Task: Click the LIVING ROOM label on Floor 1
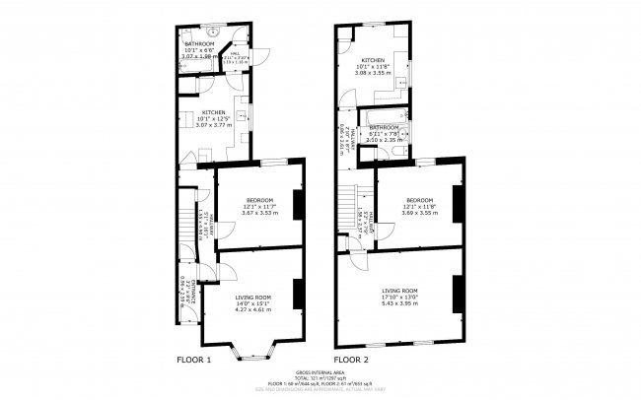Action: coord(254,297)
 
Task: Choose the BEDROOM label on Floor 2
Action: coord(419,200)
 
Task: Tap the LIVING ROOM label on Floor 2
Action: coord(400,290)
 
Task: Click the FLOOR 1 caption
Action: coord(193,360)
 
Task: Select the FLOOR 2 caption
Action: coord(351,360)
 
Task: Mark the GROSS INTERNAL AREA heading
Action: coord(320,372)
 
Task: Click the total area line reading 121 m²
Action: coord(320,377)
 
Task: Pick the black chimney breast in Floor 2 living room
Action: coord(458,291)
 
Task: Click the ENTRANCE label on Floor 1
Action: coord(184,291)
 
